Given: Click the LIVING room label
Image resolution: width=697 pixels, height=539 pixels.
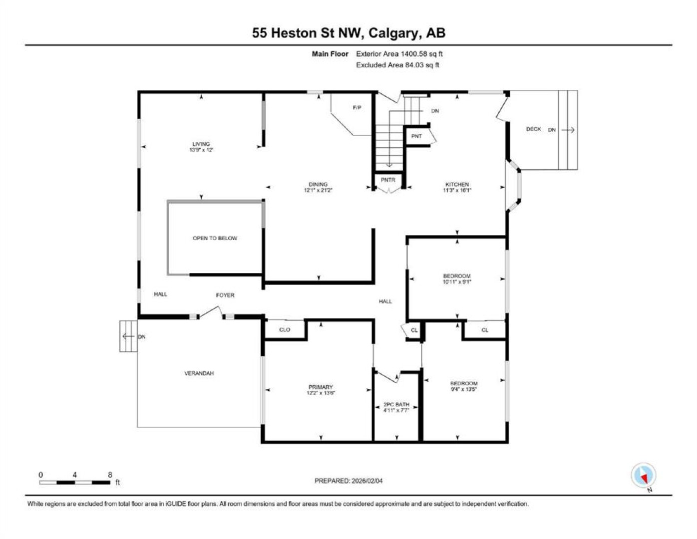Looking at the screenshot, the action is coord(201,144).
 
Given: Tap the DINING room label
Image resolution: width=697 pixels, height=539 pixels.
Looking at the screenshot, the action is coord(318,184).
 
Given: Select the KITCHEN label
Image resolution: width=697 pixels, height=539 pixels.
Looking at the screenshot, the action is coord(457,184).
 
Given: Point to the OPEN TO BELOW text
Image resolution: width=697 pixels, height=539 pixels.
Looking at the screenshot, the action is coord(215,238).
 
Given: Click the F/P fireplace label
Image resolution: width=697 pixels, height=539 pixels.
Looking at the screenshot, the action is coord(357,108).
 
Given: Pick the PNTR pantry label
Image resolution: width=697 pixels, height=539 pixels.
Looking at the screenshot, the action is coord(388,180).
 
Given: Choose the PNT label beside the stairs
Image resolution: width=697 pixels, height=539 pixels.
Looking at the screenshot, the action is coord(417,136).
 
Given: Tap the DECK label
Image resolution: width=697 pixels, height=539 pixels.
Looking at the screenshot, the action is coord(534,129).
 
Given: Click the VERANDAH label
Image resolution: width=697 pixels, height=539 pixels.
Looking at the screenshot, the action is coord(199,373).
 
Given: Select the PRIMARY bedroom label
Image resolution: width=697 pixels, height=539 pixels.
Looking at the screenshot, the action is coord(321,387).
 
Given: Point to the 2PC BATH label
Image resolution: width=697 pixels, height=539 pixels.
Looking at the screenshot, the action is coord(396,405).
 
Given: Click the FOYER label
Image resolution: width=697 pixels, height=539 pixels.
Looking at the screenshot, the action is coord(225,295).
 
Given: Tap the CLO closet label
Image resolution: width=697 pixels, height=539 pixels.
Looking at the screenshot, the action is coord(285,329).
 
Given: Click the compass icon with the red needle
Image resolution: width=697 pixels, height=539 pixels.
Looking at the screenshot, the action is coord(644,475).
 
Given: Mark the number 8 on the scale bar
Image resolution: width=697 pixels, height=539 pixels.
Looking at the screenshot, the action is coord(110,475).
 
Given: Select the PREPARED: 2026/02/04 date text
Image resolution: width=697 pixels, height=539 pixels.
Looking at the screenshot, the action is coord(348,481).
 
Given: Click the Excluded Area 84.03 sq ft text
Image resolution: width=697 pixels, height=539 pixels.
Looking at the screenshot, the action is coord(398,65).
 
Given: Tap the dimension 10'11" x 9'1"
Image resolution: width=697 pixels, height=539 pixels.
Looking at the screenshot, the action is coord(457,282).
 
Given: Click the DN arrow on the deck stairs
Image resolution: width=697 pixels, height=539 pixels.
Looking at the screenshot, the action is coord(568,130).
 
